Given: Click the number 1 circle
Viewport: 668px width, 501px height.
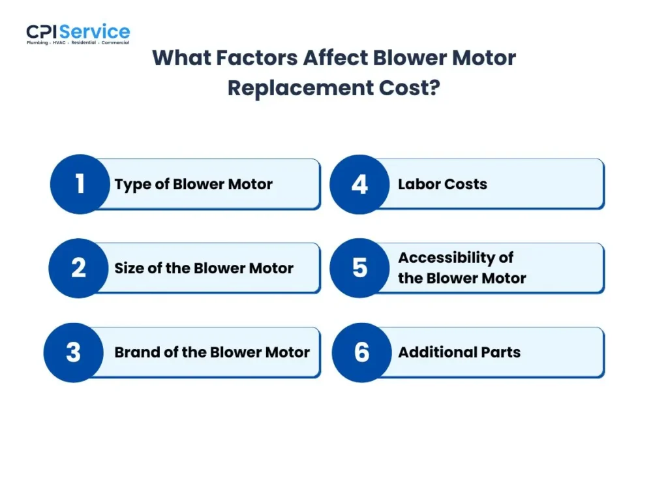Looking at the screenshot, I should tap(80, 184).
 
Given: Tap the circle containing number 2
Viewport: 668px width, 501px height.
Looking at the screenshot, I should tap(78, 268).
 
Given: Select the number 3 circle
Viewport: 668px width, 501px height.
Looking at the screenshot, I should tap(73, 352).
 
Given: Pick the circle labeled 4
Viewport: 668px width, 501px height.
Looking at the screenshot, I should tap(359, 184).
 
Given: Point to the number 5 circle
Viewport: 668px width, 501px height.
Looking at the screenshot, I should tap(359, 268).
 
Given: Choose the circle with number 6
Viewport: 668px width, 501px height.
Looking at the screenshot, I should tap(361, 352).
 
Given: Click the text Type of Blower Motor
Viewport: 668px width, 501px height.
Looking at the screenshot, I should tap(194, 185).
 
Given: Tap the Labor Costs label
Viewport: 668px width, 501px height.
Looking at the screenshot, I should tap(442, 185).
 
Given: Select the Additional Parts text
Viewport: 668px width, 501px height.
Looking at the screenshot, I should tap(459, 353).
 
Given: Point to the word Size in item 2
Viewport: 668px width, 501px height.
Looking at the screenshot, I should tap(129, 268).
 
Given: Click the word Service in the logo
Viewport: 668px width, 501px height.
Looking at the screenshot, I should tap(95, 31).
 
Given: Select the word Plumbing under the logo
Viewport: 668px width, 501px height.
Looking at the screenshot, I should tap(37, 43).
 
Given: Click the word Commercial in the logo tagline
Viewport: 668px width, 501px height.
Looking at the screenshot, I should tap(115, 43).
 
